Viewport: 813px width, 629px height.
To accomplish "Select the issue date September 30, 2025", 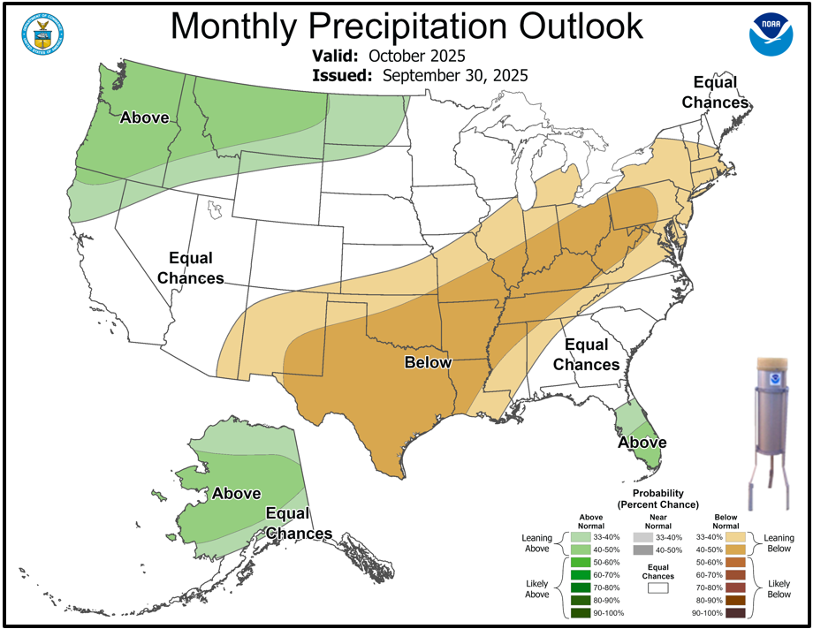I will coord(455,76).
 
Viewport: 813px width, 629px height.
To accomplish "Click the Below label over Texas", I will coord(428,362).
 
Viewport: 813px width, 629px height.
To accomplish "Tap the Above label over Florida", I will coord(642,443).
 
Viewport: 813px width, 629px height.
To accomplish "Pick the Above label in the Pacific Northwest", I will coord(144,117).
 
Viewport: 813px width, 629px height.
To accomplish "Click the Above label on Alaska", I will coord(236,494).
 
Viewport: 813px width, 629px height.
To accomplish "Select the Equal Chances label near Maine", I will coord(720,92).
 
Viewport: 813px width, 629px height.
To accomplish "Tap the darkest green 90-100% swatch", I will coord(581,613).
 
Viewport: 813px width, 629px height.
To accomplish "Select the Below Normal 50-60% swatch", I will coord(736,562).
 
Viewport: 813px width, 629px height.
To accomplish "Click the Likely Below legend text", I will coord(779,587).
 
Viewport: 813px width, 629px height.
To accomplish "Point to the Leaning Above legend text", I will coord(536,543).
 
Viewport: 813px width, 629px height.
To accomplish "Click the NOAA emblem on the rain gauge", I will coord(774,377).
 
